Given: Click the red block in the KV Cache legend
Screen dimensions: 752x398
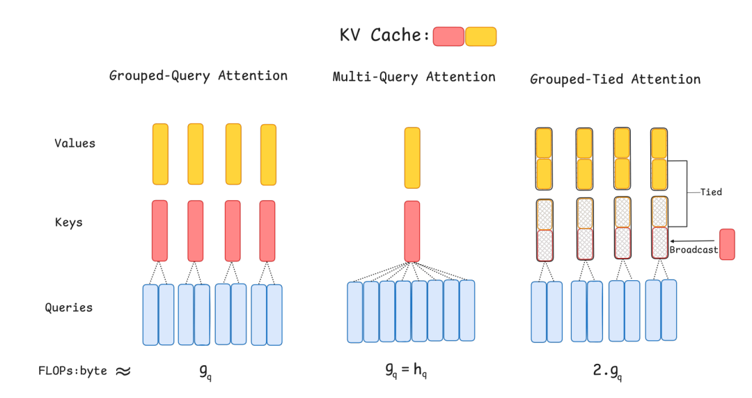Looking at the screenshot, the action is coord(448,36).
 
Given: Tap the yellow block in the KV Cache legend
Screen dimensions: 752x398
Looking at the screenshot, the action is coord(481,36).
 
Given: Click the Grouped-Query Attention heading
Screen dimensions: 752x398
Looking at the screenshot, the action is coord(198,76).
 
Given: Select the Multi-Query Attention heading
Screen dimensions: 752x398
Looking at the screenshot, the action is coord(414,77).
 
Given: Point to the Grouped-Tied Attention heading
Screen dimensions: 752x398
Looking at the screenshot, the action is coord(616,79).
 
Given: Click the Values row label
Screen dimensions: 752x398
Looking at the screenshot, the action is coord(75,143).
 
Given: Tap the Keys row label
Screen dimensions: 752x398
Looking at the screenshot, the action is coord(68,222).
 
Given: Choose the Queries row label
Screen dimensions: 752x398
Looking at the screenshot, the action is coord(68,307).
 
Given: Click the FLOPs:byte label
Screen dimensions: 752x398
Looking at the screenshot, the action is coord(72,371).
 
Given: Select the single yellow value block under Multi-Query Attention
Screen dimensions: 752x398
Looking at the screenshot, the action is coord(412,158).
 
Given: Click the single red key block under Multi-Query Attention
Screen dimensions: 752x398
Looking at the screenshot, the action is coord(412,231).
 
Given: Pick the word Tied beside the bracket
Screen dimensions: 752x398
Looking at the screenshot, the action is coord(711,192).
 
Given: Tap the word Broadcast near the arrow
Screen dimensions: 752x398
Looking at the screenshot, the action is coord(694,250).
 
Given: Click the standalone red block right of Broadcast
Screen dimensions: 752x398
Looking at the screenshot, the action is coord(727,245).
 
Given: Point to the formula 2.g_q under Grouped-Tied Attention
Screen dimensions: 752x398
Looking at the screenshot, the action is coord(608,371).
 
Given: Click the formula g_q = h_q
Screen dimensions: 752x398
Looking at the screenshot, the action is coord(406,370).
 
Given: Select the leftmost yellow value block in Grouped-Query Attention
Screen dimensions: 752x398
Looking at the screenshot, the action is coord(160,154).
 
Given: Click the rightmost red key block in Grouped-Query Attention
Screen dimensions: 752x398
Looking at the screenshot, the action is coord(267,231).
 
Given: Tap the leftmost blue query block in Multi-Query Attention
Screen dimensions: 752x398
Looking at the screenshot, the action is coord(355,312).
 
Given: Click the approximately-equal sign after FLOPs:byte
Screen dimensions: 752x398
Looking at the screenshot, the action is coord(123,371).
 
